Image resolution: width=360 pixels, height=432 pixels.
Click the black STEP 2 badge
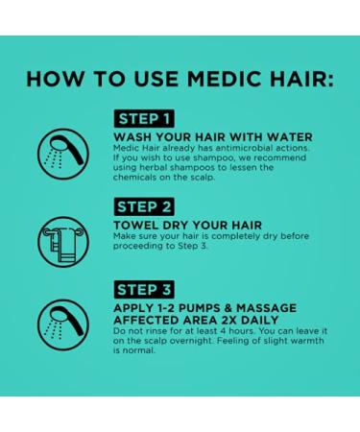click(144, 207)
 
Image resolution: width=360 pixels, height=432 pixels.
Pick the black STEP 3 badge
click(144, 289)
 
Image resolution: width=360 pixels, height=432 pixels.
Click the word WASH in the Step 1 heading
click(132, 137)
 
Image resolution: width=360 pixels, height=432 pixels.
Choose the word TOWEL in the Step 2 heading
click(136, 226)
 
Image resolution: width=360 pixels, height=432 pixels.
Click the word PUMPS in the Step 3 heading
click(199, 307)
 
